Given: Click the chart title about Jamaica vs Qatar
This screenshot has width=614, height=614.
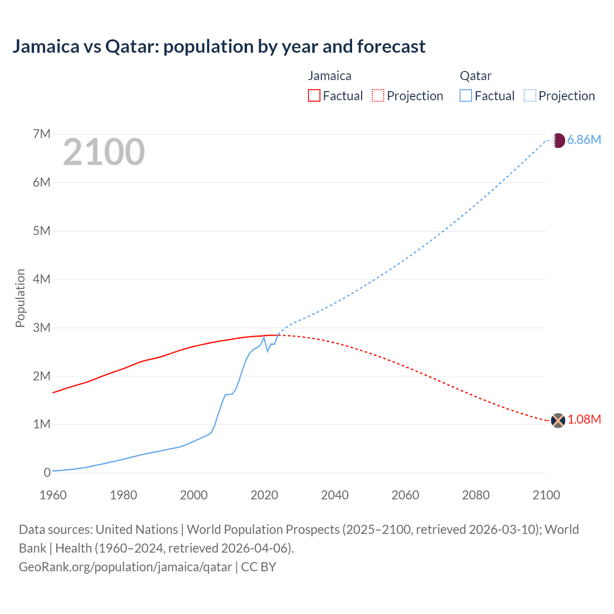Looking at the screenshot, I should tap(219, 47).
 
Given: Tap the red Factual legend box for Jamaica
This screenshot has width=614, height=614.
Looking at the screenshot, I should tap(314, 95).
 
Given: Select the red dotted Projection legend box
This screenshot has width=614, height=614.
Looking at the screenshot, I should tap(378, 95).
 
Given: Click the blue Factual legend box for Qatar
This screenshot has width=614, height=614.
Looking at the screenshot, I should tap(465, 95).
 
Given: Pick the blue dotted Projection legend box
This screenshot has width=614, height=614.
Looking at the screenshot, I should tap(530, 95).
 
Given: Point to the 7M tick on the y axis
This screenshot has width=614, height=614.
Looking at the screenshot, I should tap(42, 134).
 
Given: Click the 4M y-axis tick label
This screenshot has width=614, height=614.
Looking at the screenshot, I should tap(42, 279).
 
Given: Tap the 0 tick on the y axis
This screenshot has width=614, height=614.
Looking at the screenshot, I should tap(47, 472).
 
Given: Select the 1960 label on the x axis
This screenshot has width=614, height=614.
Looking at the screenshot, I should tap(53, 495).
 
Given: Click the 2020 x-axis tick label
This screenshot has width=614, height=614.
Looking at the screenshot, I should tap(264, 495).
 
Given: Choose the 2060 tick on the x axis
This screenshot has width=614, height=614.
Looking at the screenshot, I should tap(405, 495).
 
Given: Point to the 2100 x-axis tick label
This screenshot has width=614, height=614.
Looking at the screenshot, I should tap(546, 495).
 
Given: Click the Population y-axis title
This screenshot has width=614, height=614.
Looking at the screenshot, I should tap(20, 298).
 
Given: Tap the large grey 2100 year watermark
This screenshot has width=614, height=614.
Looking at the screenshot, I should tap(104, 152).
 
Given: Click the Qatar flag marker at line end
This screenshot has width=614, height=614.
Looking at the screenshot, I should tap(558, 140).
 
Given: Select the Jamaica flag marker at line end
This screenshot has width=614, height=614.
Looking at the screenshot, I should tap(558, 421).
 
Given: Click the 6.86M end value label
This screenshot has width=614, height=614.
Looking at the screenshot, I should tap(584, 140).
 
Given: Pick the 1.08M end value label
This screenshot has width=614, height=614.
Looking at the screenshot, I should tap(584, 420).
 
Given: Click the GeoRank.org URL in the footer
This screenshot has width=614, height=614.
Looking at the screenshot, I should tap(125, 567).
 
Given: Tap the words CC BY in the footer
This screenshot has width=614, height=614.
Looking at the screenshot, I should tap(259, 567).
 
